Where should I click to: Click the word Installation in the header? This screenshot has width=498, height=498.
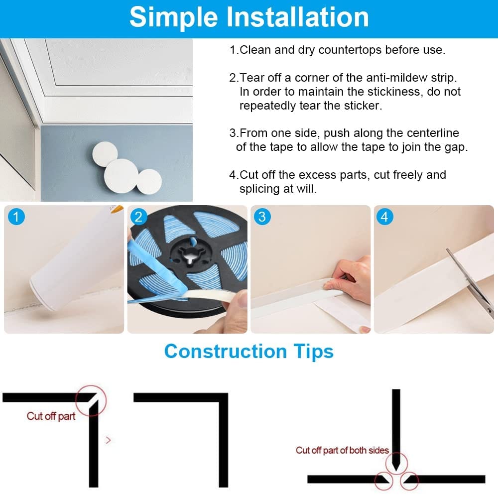coord(297,17)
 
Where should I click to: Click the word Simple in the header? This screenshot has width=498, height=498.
coord(174,17)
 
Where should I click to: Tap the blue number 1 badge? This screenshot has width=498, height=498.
coord(16,217)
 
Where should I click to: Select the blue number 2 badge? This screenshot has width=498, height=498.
coord(139,217)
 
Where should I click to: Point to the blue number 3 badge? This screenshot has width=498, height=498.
coord(262,217)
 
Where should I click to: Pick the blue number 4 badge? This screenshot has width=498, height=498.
coord(384,217)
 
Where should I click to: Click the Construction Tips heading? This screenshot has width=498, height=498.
coord(249,352)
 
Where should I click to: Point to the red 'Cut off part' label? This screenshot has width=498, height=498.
coord(51,416)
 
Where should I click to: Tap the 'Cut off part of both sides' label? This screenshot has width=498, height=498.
coord(343,450)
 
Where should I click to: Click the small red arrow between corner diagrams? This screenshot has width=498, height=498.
coord(108,440)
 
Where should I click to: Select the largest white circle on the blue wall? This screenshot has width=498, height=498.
coord(121,176)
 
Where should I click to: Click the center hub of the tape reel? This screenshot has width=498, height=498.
coord(189,254)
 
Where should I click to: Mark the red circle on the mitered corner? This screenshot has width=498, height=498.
coord(91,400)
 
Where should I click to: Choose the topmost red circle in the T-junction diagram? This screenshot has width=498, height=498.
coord(396,464)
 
